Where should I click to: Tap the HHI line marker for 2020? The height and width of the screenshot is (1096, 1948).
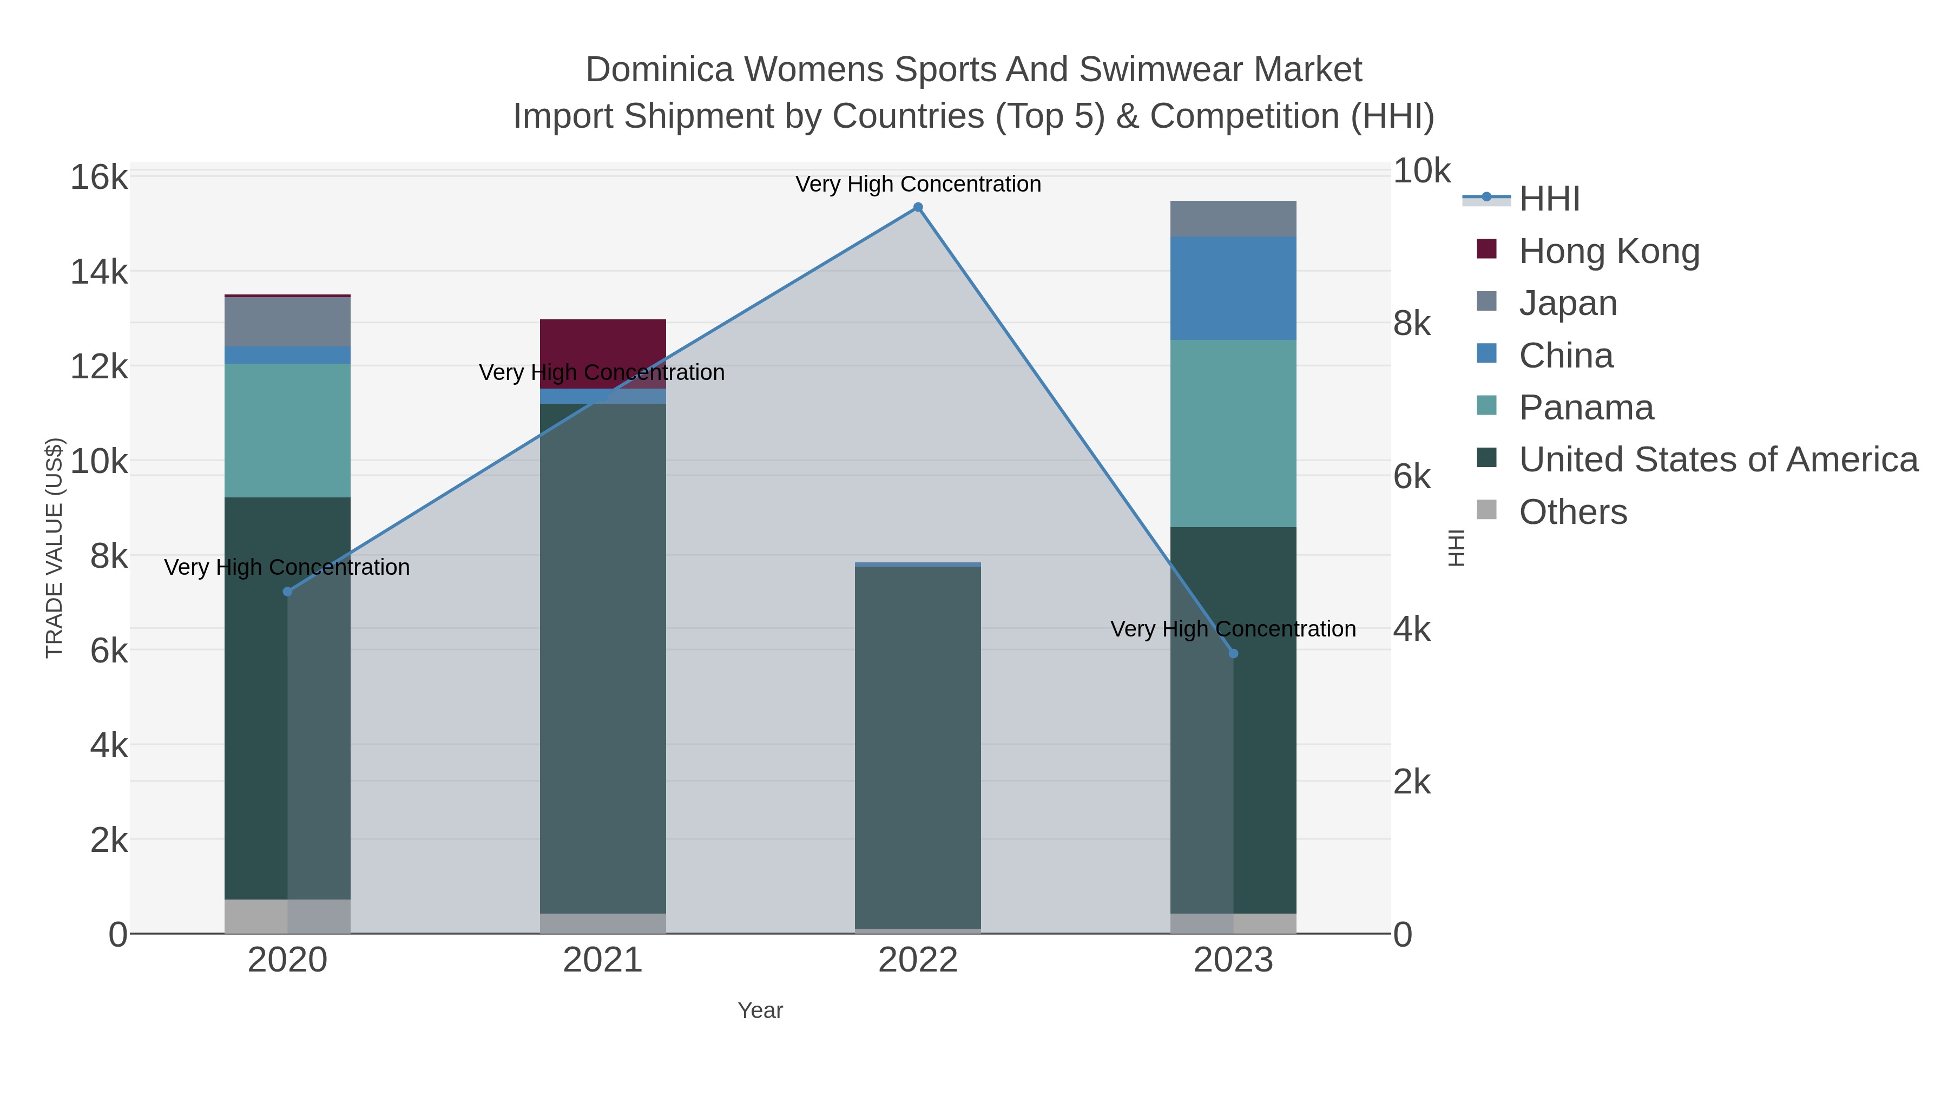[x=287, y=592]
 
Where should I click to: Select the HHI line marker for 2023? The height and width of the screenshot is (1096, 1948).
[x=1233, y=653]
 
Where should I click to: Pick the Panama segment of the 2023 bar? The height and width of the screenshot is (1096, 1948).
[x=1233, y=434]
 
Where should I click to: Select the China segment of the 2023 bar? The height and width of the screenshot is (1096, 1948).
[x=1233, y=288]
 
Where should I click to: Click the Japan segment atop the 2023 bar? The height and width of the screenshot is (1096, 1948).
[x=1233, y=219]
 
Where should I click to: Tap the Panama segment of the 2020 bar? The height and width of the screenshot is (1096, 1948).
[x=287, y=430]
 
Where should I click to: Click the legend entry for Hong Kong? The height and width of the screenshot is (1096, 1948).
[x=1609, y=251]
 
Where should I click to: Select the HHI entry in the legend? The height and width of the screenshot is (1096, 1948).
[x=1549, y=199]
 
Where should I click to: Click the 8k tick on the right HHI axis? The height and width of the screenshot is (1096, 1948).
[x=1412, y=324]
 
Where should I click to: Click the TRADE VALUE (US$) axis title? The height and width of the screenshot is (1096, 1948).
[x=55, y=548]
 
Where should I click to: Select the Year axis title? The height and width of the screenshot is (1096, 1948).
[x=760, y=1010]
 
